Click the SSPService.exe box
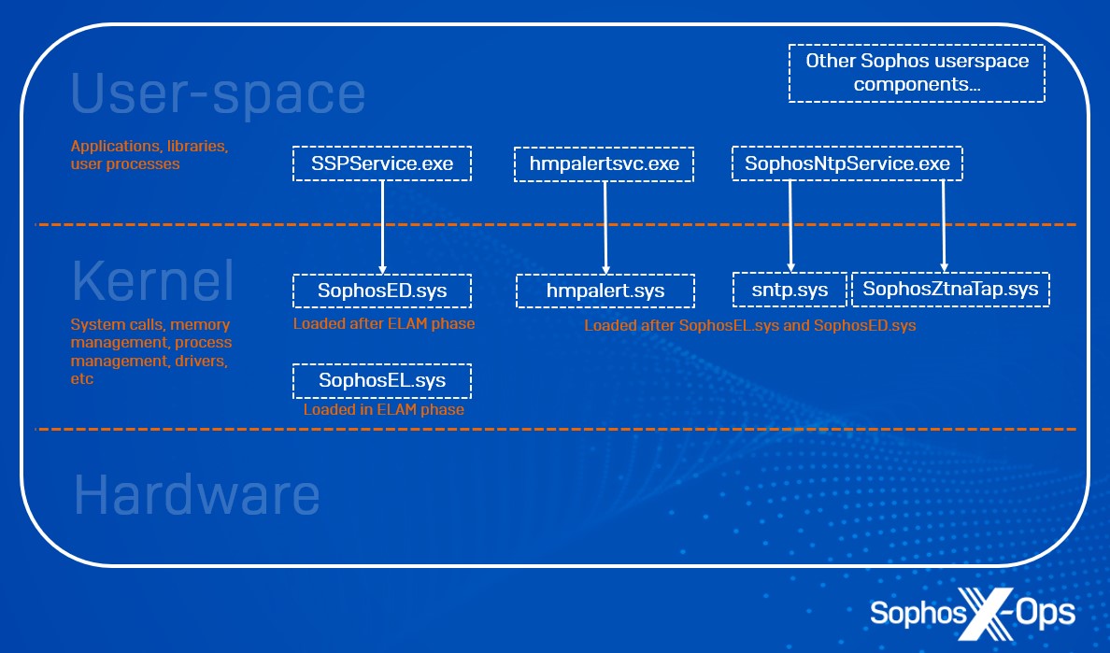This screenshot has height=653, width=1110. tap(382, 163)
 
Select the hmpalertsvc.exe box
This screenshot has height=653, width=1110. tap(605, 164)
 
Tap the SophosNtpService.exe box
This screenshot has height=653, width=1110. tap(847, 163)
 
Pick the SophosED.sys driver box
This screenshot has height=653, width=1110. tap(382, 291)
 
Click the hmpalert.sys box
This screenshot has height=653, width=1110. tap(605, 291)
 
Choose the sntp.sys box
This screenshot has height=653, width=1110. tap(791, 290)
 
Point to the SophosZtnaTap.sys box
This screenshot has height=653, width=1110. tap(950, 289)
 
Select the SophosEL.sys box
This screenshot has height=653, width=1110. tap(382, 380)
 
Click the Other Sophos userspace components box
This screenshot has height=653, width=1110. tap(917, 73)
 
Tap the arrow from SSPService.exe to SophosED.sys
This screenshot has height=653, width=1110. tap(383, 224)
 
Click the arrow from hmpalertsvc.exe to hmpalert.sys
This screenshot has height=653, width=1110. tap(605, 224)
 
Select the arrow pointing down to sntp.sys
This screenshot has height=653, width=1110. tap(791, 224)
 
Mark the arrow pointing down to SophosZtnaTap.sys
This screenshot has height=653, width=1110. tap(944, 224)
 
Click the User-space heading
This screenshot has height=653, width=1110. tap(219, 93)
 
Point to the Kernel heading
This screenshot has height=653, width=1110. tap(153, 279)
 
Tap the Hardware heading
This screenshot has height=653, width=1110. tap(196, 494)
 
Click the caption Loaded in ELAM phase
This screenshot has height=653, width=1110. tap(383, 409)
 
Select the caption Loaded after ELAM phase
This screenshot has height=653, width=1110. tap(383, 324)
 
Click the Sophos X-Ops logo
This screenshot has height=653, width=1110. tap(972, 613)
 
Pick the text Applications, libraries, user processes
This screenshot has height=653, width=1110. tap(149, 155)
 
